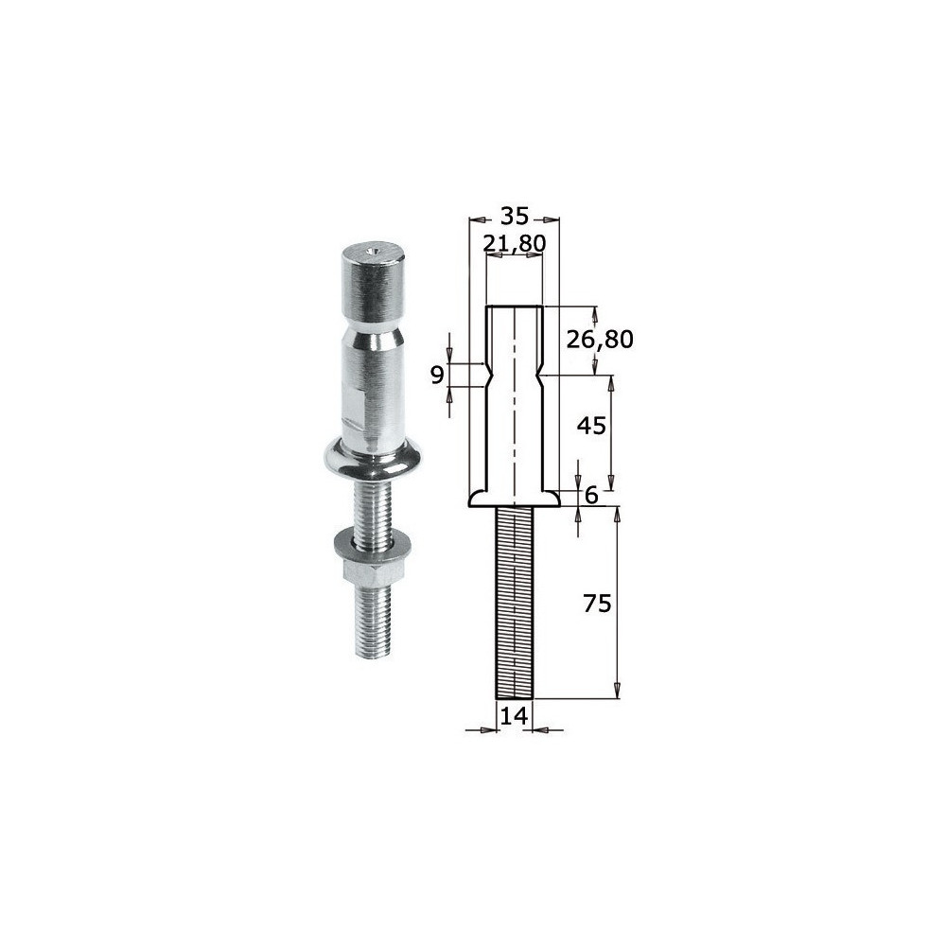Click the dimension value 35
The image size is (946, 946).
coord(514,216)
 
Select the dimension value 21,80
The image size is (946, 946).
coord(515,243)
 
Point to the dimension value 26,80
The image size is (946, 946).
coord(600,340)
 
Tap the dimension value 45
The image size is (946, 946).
coord(590,426)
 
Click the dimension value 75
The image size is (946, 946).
coord(597,604)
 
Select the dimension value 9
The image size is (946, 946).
coord(437,376)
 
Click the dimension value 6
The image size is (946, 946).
coord(591,496)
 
